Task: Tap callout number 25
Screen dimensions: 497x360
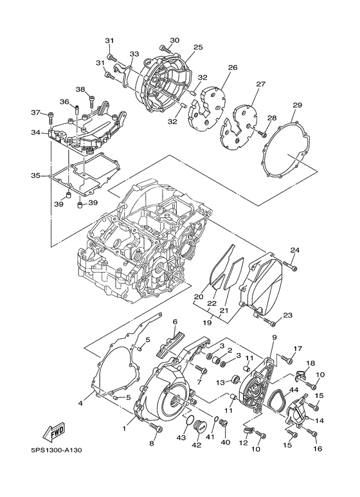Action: click(x=198, y=47)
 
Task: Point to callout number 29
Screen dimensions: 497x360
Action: click(x=297, y=105)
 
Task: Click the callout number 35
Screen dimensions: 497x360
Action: click(x=35, y=175)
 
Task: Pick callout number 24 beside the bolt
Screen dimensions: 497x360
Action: click(x=294, y=250)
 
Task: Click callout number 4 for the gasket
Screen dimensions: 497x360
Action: click(x=81, y=403)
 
